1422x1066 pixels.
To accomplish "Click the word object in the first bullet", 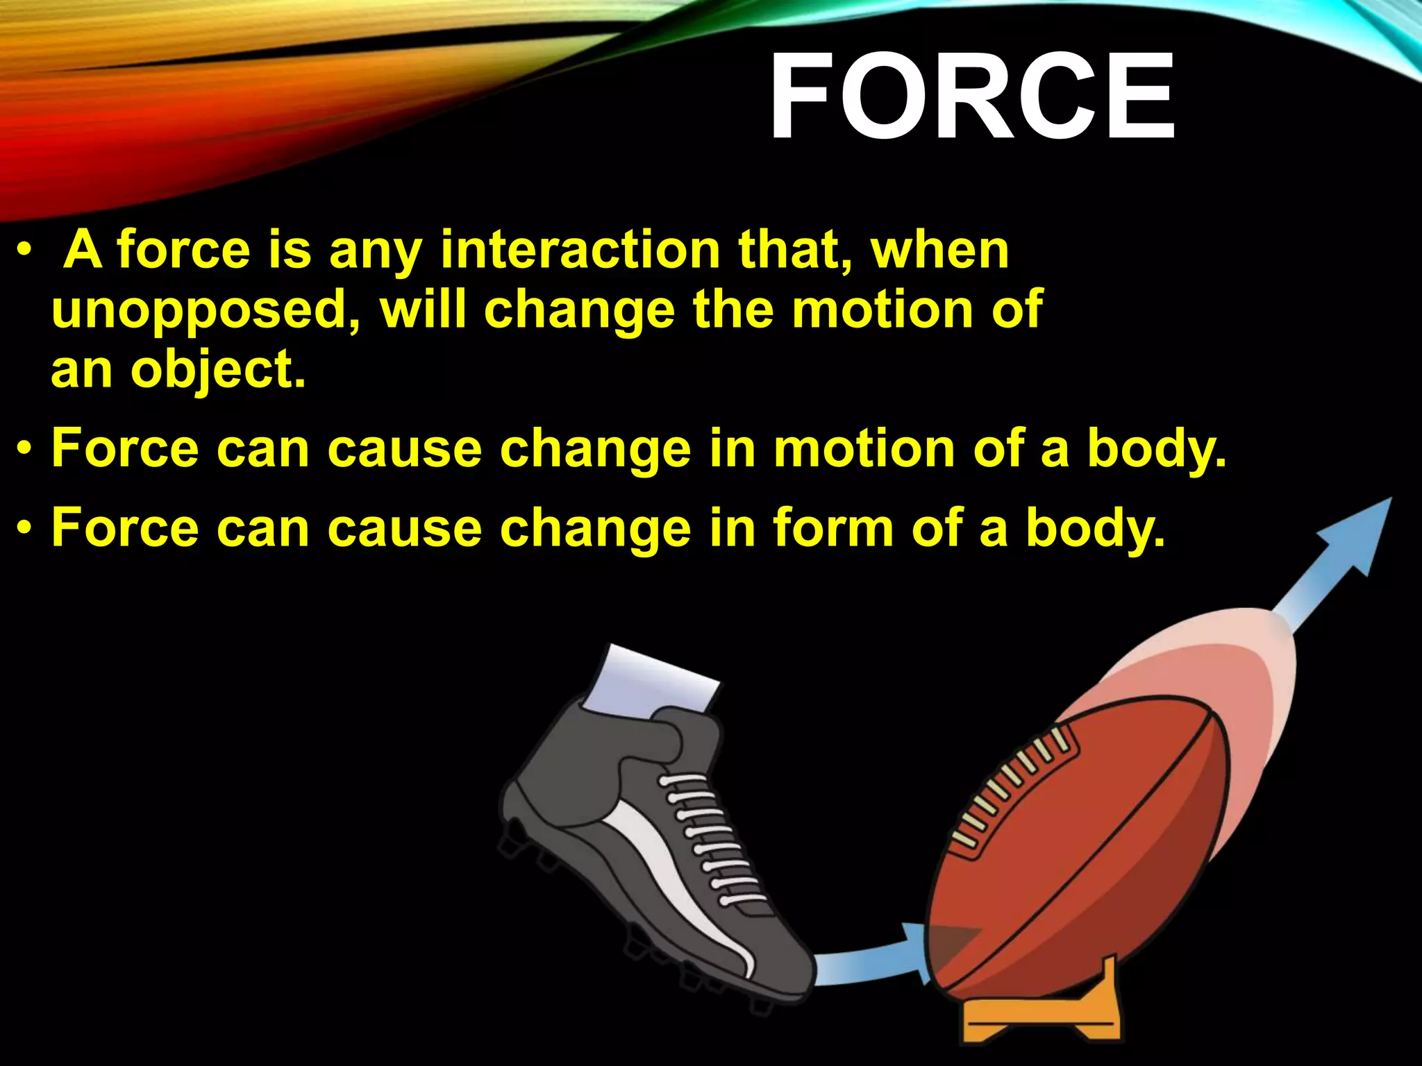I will [x=217, y=371].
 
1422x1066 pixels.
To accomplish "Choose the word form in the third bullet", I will [x=833, y=527].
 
